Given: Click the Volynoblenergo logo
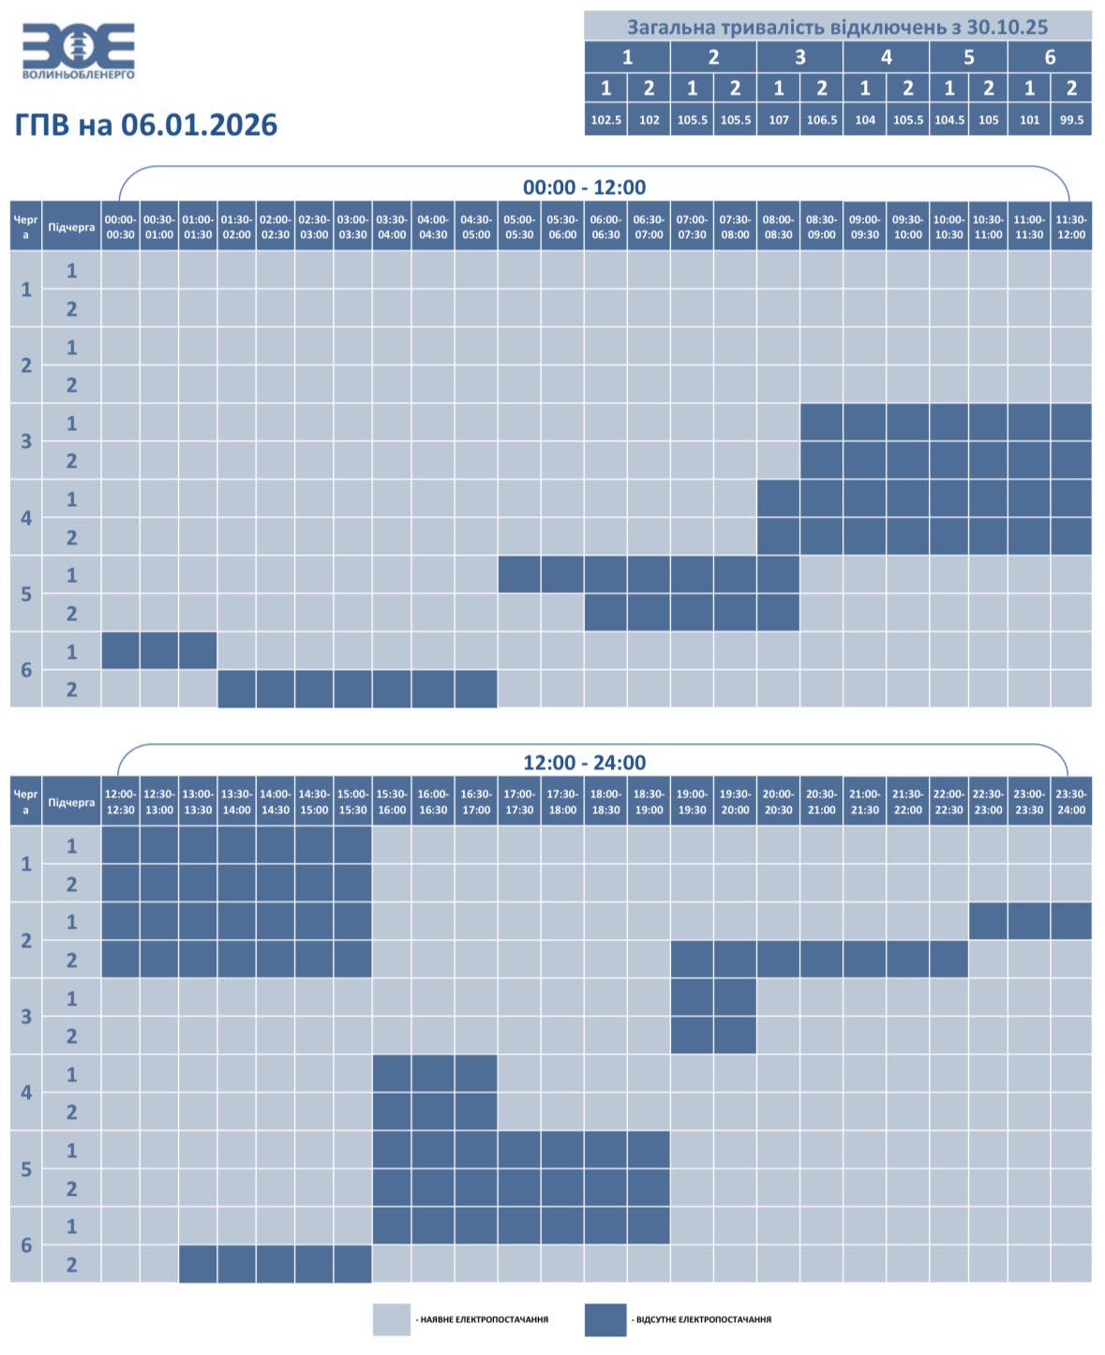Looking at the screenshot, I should tap(79, 51).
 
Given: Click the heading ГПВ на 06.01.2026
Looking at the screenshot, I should tap(146, 125).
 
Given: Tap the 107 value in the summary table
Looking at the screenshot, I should tap(778, 120).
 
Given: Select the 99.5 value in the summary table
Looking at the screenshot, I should tap(1071, 120).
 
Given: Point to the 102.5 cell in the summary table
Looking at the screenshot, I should tap(605, 120).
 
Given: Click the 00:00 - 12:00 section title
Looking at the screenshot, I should tap(584, 187).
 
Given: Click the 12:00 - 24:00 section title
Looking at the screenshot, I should tap(584, 763).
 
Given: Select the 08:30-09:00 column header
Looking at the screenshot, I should tap(821, 227).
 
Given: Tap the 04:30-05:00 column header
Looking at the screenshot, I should tap(476, 227).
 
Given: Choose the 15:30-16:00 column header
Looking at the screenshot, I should tap(392, 802).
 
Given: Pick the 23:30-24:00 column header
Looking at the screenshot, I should tap(1071, 802).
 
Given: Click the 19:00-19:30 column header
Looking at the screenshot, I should tap(692, 802).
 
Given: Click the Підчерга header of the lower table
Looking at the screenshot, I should tap(71, 802).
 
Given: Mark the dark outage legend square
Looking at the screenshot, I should tap(605, 1319).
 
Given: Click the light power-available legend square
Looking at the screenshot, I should tap(393, 1319).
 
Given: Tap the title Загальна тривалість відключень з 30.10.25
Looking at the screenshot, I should tap(837, 26).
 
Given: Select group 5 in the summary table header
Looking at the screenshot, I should tap(968, 57).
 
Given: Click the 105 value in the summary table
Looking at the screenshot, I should tap(988, 120).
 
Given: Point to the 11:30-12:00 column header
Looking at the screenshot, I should tap(1071, 227).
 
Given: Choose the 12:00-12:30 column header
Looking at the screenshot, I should tap(120, 802).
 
